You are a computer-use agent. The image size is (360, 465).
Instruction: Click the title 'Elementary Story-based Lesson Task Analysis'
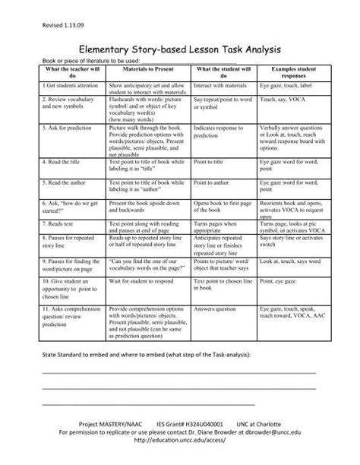179,47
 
